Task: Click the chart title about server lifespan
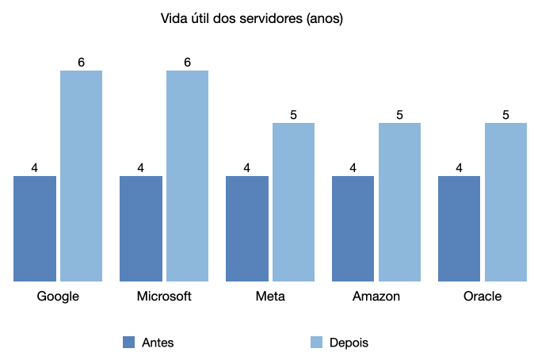(251, 19)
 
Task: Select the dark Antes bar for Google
(35, 228)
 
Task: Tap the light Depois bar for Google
(82, 176)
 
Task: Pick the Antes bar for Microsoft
(141, 228)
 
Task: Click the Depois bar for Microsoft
(188, 176)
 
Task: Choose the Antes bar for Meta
(247, 228)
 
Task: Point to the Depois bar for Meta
(294, 202)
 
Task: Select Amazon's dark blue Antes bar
(353, 228)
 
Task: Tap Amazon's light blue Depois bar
(400, 202)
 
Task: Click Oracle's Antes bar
(460, 228)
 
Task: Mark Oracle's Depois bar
(506, 202)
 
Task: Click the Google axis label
(58, 297)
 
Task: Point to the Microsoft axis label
(164, 297)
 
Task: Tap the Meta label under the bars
(270, 297)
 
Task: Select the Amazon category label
(376, 297)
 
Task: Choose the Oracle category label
(483, 297)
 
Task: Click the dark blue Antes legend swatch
(129, 343)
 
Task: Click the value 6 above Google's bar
(82, 62)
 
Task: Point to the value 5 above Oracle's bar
(506, 115)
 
